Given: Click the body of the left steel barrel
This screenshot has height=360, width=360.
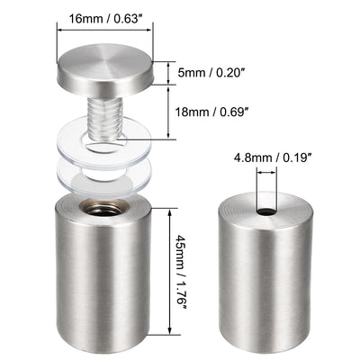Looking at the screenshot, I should pyautogui.click(x=103, y=279).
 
